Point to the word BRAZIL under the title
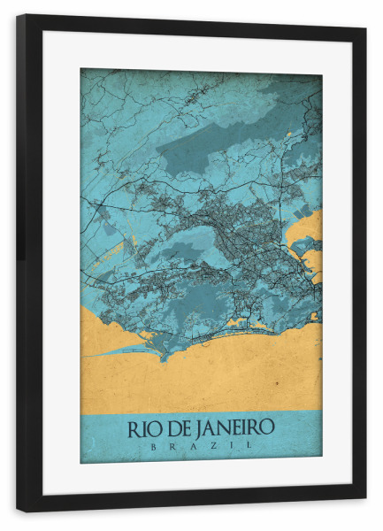[x=201, y=447]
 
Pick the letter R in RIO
[x=134, y=429]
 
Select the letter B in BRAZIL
[x=153, y=447]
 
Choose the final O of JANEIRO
[x=267, y=429]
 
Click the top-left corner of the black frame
[x=18, y=16]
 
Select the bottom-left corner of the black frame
[x=18, y=510]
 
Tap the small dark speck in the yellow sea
[x=276, y=381]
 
